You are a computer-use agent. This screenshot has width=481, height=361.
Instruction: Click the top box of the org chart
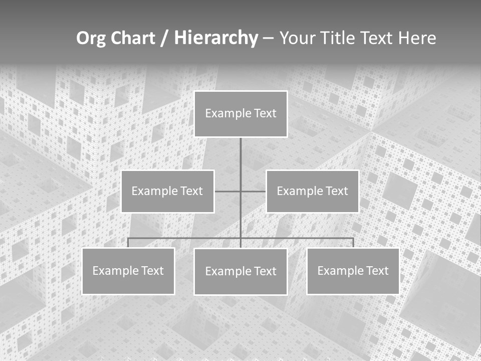[241, 114]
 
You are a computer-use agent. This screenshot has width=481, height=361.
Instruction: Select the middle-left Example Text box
[167, 192]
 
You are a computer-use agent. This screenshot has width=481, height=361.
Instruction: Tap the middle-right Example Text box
[312, 192]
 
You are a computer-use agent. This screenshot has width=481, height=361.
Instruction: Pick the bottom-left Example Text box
[128, 271]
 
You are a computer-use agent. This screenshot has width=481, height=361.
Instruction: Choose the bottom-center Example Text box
[241, 272]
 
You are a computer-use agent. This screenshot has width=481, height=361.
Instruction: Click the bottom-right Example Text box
[353, 271]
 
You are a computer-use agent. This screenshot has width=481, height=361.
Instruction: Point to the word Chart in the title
[133, 38]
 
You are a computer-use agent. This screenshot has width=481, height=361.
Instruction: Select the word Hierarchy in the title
[216, 38]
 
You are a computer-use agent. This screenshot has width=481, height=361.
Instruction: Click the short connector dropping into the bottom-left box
[128, 243]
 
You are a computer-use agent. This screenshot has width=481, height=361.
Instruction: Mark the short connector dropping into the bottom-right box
[353, 243]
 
